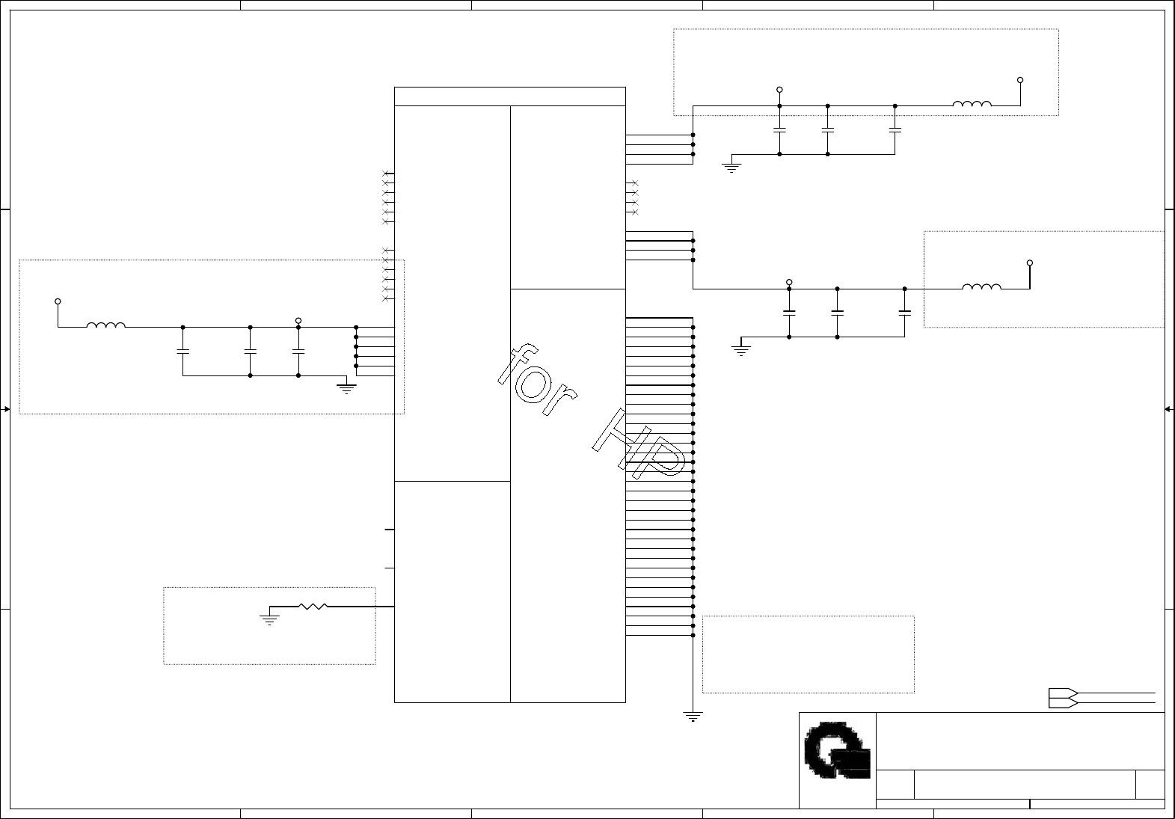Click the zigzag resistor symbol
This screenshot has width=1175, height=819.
tap(313, 607)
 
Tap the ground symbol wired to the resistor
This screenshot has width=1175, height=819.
tap(269, 620)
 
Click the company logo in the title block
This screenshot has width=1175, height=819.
tap(837, 750)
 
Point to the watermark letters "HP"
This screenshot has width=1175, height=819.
tap(639, 444)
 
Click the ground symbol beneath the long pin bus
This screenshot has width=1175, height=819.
tap(693, 717)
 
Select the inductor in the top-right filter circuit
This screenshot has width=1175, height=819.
tap(972, 103)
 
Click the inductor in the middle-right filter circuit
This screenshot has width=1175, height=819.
tap(981, 286)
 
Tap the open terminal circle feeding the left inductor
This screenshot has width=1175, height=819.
tap(58, 301)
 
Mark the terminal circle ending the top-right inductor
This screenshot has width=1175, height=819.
tap(1020, 80)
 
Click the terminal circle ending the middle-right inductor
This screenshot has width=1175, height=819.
tap(1030, 263)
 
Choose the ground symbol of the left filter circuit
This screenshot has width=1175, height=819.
tap(346, 389)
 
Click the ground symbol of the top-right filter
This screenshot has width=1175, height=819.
tap(731, 168)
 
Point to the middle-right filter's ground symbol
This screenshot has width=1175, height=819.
tap(740, 351)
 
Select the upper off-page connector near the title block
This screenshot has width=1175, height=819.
tap(1064, 693)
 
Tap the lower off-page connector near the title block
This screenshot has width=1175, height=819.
tap(1064, 703)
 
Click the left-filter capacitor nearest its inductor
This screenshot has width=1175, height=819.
tap(182, 351)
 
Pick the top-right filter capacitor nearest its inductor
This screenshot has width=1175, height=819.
tap(895, 129)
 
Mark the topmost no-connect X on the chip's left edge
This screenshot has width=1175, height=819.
tap(385, 173)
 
